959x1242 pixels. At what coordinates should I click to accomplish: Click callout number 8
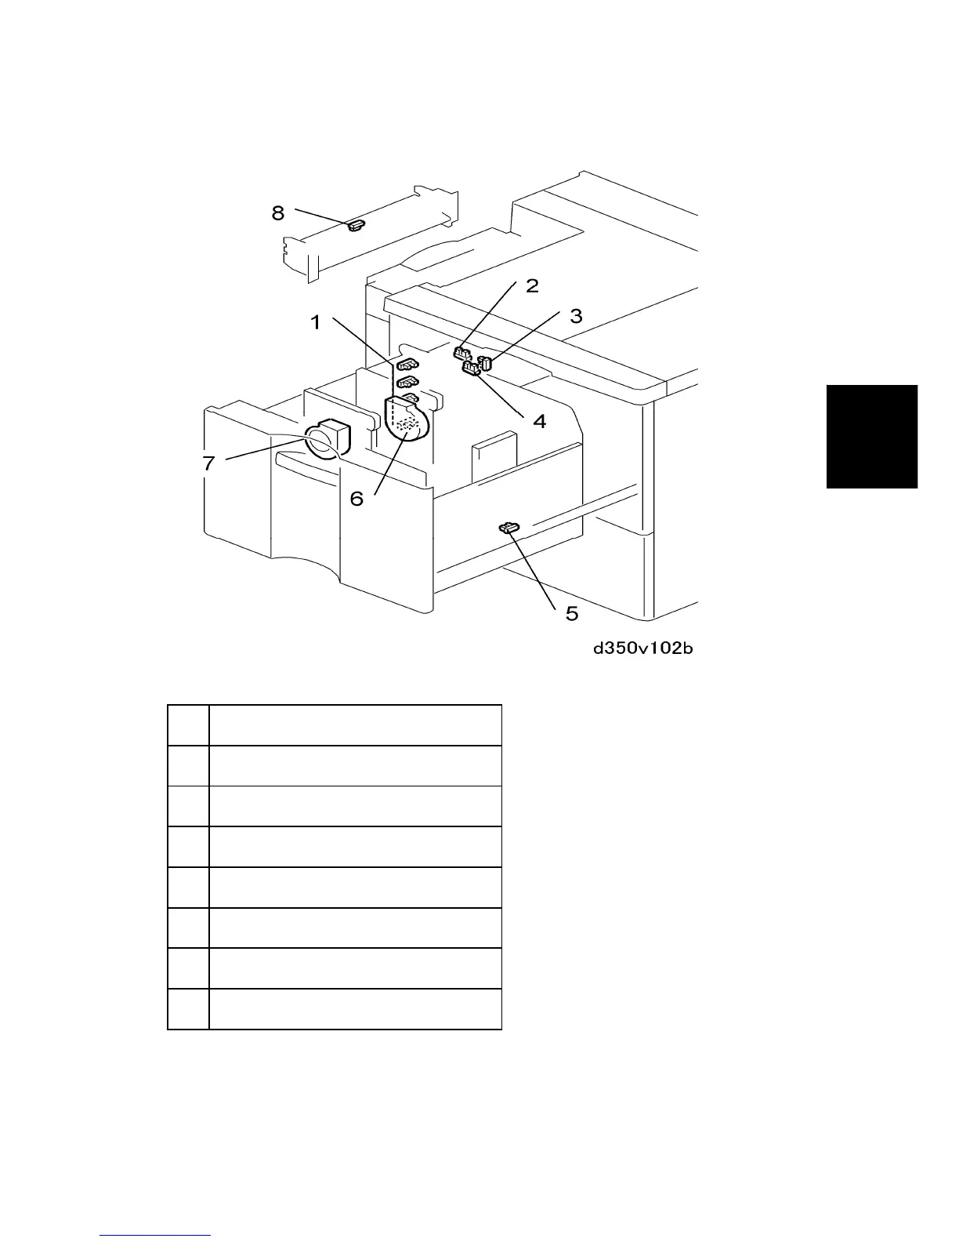tap(279, 212)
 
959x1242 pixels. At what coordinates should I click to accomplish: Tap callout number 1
tap(316, 322)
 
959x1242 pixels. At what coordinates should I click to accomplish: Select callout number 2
tap(532, 286)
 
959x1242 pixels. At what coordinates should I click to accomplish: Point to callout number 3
tap(576, 317)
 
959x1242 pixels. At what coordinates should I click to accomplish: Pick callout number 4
tap(540, 421)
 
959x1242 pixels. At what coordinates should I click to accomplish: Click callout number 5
tap(572, 613)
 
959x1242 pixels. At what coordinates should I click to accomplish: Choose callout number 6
tap(356, 498)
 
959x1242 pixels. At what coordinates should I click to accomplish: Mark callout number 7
tap(208, 463)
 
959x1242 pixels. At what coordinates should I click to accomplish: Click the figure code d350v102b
tap(642, 648)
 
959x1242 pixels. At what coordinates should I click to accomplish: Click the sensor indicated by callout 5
tap(509, 528)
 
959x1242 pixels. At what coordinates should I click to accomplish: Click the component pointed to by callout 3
tap(485, 363)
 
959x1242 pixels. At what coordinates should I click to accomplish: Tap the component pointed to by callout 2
tap(461, 353)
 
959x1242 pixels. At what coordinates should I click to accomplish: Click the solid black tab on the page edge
tap(871, 436)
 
